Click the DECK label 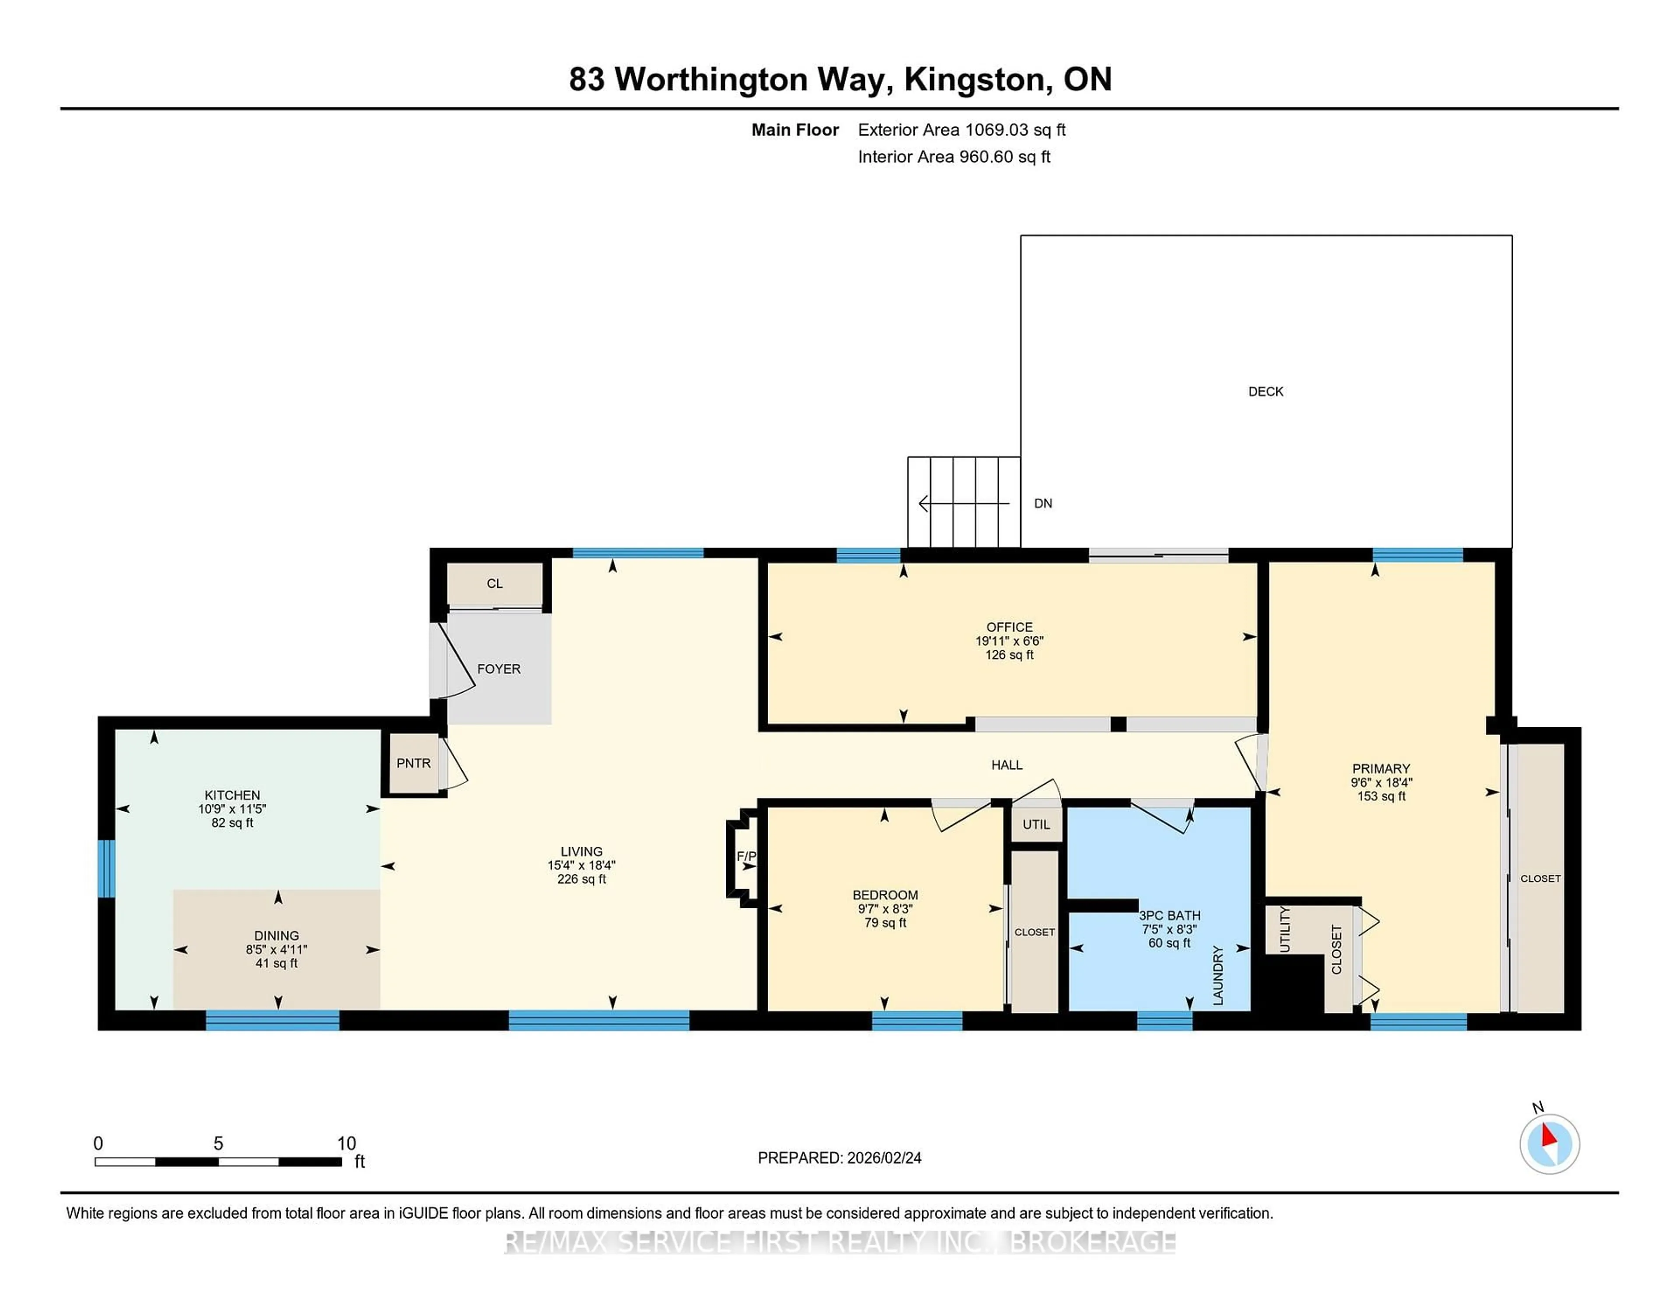1265,391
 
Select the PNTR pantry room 414,763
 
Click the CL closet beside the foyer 495,584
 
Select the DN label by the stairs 1042,504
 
